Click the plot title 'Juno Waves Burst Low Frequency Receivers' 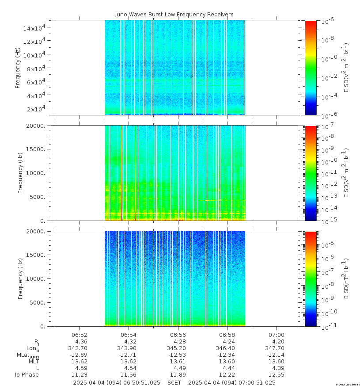coord(174,15)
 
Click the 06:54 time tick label coord(128,335)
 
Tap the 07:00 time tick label coord(276,335)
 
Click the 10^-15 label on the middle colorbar coord(327,220)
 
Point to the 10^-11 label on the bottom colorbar coord(327,326)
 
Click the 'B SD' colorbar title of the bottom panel coord(347,278)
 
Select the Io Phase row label coord(27,375)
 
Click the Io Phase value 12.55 coord(276,375)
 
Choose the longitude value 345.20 coord(178,348)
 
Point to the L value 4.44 coord(227,368)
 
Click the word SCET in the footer coord(174,383)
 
